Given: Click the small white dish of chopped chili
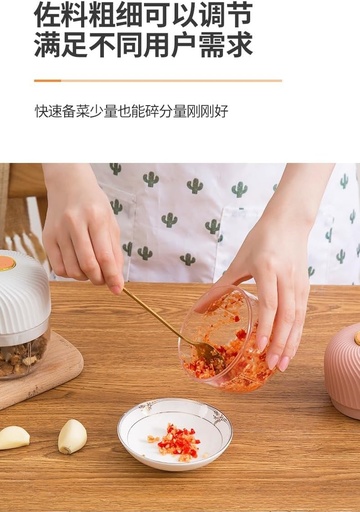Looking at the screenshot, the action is pos(175,434).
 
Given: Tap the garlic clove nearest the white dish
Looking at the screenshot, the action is pos(72,436).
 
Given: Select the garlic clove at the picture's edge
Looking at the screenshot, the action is pos(13,438).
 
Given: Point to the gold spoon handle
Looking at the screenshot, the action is pos(157,317).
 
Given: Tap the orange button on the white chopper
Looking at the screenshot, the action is pos(7,263).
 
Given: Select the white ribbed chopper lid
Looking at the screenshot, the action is pos(23,293).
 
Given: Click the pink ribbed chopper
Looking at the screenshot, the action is pos(343,370).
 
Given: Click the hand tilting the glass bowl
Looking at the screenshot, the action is pos(267,277).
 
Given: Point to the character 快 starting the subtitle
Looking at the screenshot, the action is pos(41,111).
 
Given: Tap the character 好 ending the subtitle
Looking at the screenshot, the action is pos(221,111).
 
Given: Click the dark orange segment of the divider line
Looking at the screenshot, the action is pos(47,81).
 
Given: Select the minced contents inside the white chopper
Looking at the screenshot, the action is pos(22,357).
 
